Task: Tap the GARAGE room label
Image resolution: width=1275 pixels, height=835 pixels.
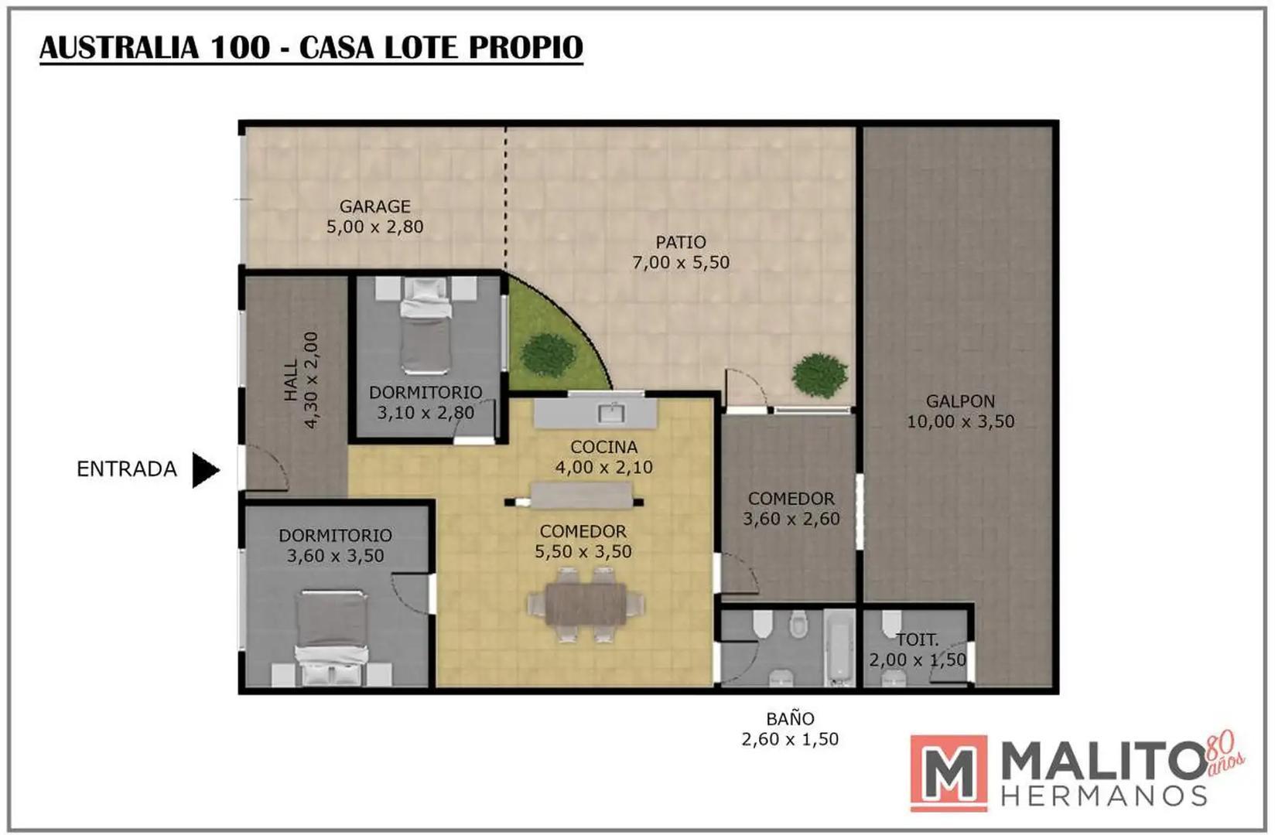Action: [375, 206]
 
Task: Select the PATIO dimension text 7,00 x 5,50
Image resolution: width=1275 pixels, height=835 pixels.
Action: [681, 263]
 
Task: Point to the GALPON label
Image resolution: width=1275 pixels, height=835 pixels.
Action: [960, 401]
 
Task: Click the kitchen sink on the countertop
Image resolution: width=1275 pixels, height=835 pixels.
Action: [612, 412]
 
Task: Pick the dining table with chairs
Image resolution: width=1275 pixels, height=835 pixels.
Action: [586, 604]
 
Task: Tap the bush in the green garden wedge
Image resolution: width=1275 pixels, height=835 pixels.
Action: [548, 355]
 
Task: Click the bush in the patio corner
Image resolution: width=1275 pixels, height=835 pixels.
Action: [819, 376]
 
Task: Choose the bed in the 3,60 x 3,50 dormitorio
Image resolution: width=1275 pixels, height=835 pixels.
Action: [331, 638]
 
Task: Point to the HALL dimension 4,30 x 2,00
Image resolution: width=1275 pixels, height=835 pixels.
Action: [311, 380]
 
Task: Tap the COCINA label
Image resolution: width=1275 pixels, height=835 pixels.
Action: [604, 447]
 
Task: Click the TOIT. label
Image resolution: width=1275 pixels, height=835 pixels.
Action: [917, 640]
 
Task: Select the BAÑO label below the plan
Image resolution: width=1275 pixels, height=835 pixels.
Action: [790, 718]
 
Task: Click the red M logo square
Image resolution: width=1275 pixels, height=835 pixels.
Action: [949, 773]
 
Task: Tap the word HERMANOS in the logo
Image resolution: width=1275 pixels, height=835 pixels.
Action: [1104, 796]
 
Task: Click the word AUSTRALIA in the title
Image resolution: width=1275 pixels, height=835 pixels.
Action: [119, 47]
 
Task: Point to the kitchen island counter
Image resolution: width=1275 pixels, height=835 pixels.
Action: [582, 496]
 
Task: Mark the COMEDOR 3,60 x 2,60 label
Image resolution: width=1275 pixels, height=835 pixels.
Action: [791, 509]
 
